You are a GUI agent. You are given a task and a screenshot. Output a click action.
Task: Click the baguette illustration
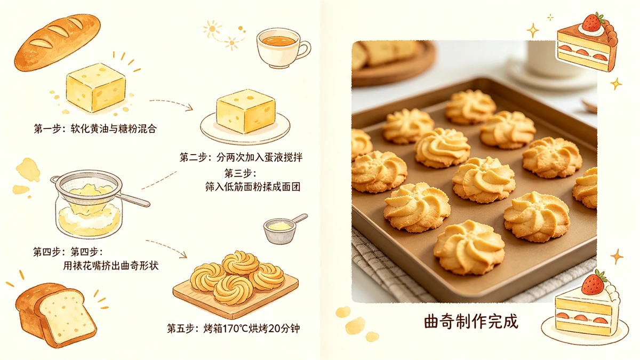pos(57,42)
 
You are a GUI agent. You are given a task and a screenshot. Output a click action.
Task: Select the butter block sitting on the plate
pos(246,111)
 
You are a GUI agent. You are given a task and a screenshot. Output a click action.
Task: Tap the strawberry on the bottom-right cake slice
pos(593,282)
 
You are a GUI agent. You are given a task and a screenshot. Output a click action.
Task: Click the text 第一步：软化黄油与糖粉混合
pos(95,129)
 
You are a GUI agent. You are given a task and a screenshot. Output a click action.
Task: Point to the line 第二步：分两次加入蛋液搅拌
pos(245,157)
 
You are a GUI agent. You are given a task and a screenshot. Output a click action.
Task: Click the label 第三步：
pos(241,173)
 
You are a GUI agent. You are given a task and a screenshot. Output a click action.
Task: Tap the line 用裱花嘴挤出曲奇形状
pos(110,265)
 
